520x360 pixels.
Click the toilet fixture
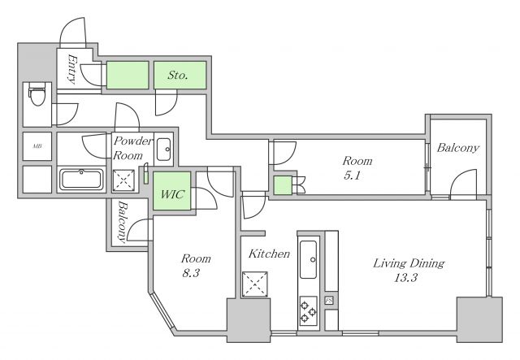pyautogui.click(x=37, y=94)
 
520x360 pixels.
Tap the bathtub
pyautogui.click(x=81, y=179)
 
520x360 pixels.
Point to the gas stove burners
pyautogui.click(x=308, y=311)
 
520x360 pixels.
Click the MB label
pyautogui.click(x=37, y=146)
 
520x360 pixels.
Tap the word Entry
pyautogui.click(x=72, y=69)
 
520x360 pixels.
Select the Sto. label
pyautogui.click(x=178, y=75)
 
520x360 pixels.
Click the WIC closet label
pyautogui.click(x=171, y=194)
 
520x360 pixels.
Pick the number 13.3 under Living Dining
pyautogui.click(x=405, y=277)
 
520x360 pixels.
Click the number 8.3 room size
pyautogui.click(x=190, y=273)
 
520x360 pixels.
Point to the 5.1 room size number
pyautogui.click(x=352, y=176)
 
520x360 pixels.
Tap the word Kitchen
pyautogui.click(x=269, y=254)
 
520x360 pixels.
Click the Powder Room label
pyautogui.click(x=132, y=148)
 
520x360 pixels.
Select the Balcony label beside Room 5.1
pyautogui.click(x=457, y=148)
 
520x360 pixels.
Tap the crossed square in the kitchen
pyautogui.click(x=254, y=284)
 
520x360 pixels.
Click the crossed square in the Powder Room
pyautogui.click(x=123, y=180)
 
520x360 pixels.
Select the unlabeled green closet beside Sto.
pyautogui.click(x=127, y=75)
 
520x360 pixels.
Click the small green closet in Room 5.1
pyautogui.click(x=283, y=185)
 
